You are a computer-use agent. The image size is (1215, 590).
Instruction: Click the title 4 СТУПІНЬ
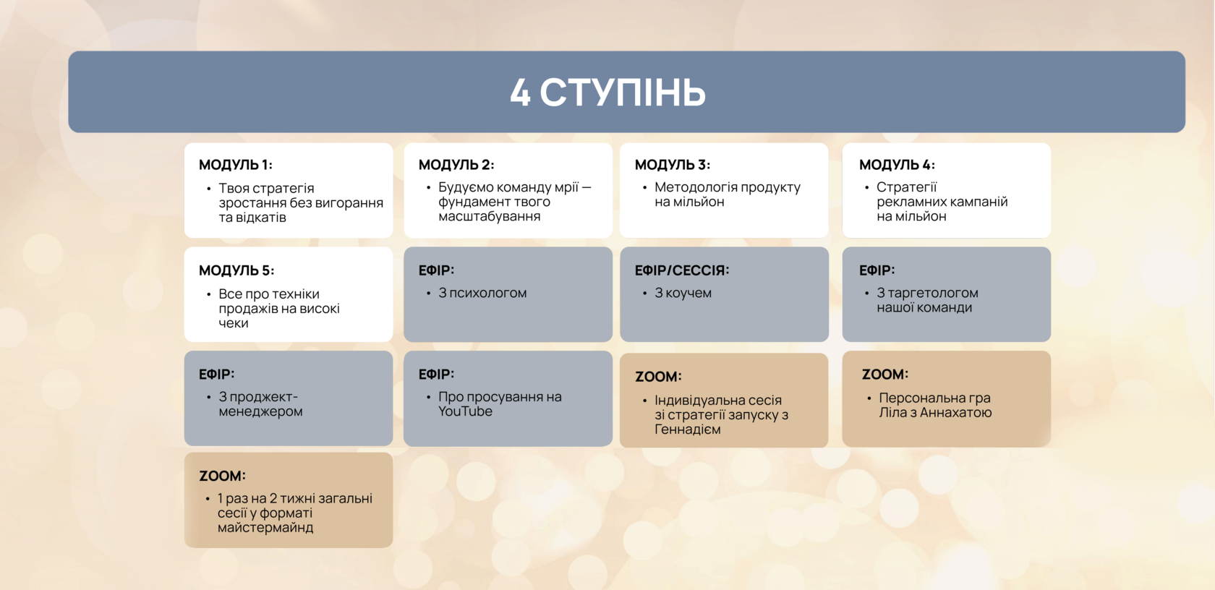coord(607,92)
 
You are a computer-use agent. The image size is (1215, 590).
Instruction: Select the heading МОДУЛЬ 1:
coord(236,164)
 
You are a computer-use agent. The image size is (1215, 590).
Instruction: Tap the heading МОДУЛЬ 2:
coord(456,164)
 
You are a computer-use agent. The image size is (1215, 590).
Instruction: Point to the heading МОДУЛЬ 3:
coord(673,164)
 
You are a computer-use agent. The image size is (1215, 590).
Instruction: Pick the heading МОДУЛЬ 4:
coord(897,164)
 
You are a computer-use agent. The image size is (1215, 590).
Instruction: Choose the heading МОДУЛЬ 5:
coord(236,270)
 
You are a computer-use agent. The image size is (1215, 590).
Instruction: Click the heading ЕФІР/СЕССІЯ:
coord(682,270)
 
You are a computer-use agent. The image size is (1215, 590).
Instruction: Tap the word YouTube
coord(466,411)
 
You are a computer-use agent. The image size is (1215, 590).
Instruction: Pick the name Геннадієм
coord(688,429)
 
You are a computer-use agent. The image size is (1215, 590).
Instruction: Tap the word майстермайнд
coord(265,528)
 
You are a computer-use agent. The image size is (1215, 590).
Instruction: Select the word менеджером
coord(260,411)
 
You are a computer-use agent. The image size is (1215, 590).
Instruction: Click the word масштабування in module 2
coord(489,216)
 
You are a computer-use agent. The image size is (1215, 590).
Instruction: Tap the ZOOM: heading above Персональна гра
coord(885,375)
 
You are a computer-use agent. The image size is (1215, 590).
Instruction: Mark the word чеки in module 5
coord(233,323)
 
